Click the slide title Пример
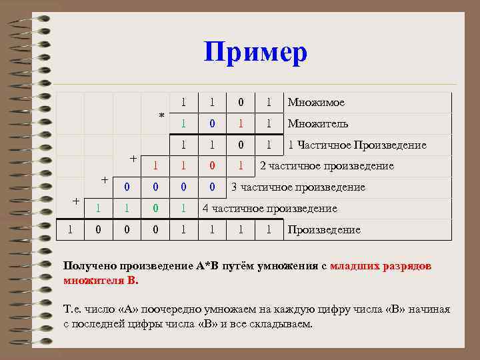tap(255, 52)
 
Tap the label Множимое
tap(316, 102)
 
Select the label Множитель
tap(317, 123)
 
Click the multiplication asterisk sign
tap(161, 116)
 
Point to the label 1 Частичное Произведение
tap(357, 145)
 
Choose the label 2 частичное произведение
tap(326, 166)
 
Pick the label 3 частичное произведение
tap(298, 187)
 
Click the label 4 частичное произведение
tap(269, 209)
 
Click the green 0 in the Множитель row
tap(212, 123)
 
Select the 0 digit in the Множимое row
tap(241, 102)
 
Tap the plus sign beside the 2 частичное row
tap(133, 159)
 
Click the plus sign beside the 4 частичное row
tap(76, 201)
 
